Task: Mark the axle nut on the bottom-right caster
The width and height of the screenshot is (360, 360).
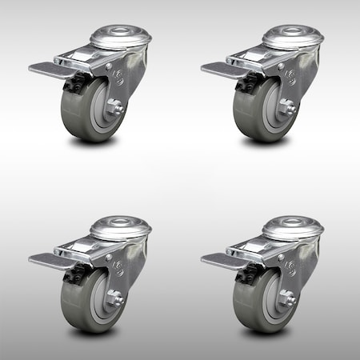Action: (287, 297)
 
